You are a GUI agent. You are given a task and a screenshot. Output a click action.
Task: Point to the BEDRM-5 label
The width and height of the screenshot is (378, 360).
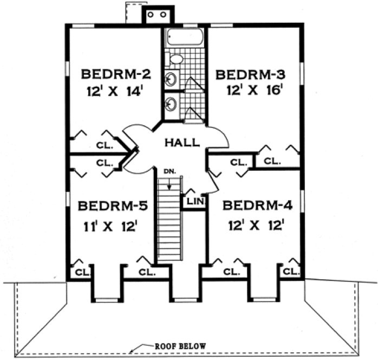coord(112,207)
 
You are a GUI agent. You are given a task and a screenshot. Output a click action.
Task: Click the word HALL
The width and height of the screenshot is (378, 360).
coord(182,143)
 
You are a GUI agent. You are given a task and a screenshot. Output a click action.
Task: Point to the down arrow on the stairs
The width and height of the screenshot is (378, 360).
coord(170,184)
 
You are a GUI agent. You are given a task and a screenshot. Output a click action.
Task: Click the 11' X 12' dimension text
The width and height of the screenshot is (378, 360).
coord(112,226)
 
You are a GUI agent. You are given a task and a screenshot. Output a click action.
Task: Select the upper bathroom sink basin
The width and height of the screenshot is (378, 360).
coord(171,79)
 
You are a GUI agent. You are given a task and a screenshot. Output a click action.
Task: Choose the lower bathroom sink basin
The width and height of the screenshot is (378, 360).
coord(171,103)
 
